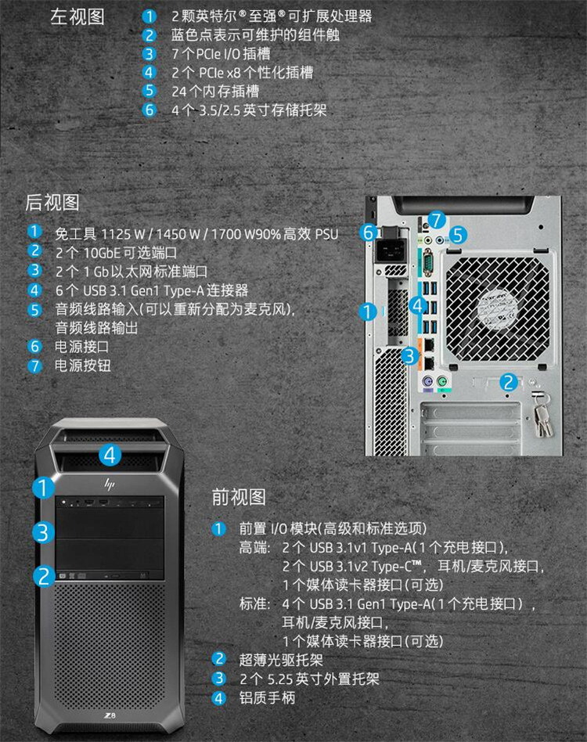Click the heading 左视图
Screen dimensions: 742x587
click(77, 17)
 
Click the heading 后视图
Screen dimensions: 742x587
click(52, 203)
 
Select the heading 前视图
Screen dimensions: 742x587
click(239, 496)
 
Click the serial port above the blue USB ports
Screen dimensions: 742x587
click(427, 260)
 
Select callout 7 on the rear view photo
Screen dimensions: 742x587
click(436, 220)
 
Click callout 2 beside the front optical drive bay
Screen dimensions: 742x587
click(44, 576)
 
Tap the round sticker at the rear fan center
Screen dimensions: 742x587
click(497, 308)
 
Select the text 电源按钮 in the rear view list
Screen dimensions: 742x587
click(82, 366)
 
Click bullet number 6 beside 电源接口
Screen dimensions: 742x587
click(34, 345)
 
